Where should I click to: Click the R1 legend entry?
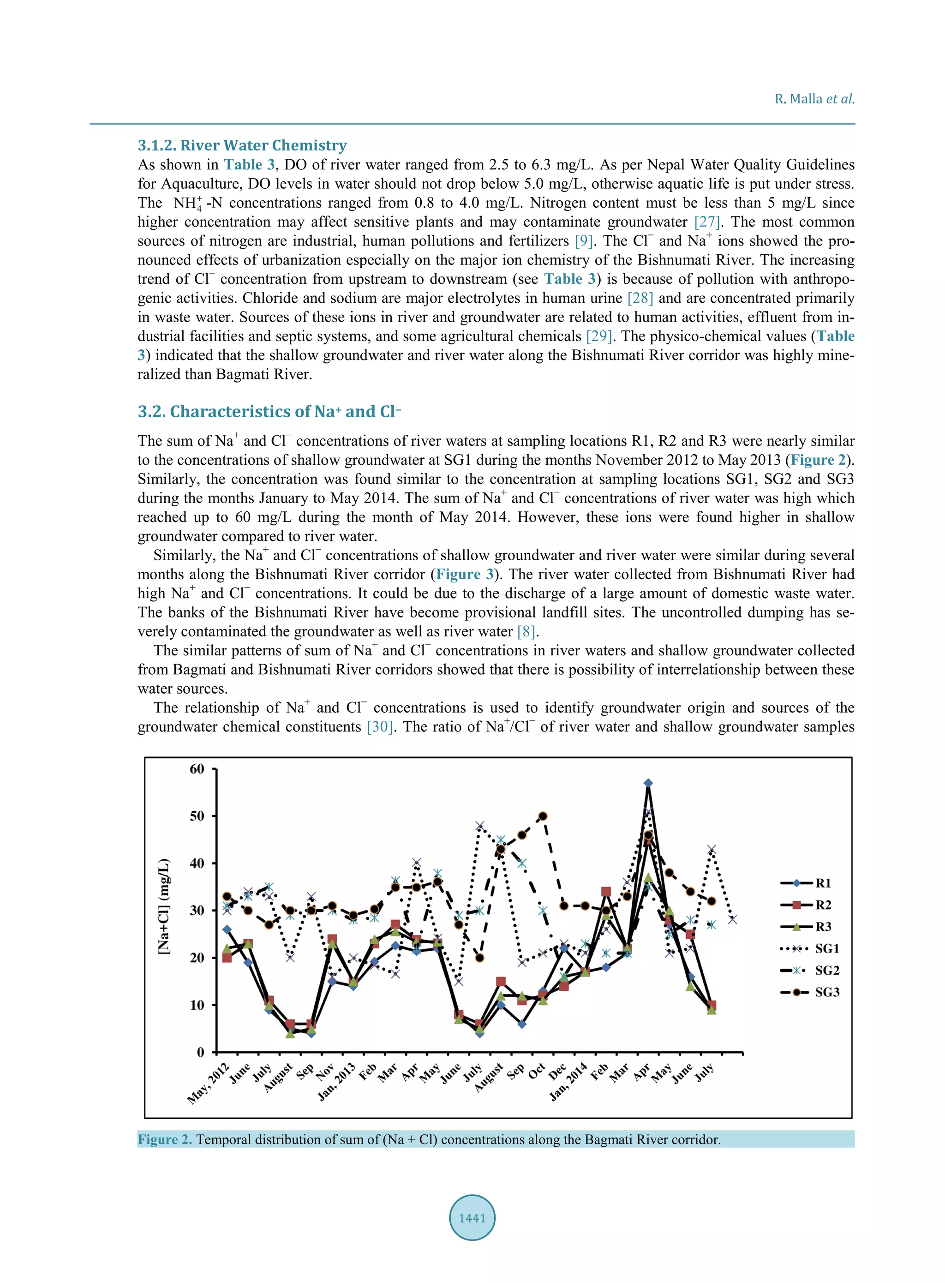coord(807,882)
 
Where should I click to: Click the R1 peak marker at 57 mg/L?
coord(648,783)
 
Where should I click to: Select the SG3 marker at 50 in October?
coord(543,815)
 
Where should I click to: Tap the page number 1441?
coord(472,1217)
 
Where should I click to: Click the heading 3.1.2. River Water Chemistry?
coord(242,145)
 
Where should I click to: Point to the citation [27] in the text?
coord(706,222)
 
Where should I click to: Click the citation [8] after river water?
coord(526,631)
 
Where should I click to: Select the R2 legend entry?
coord(807,905)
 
